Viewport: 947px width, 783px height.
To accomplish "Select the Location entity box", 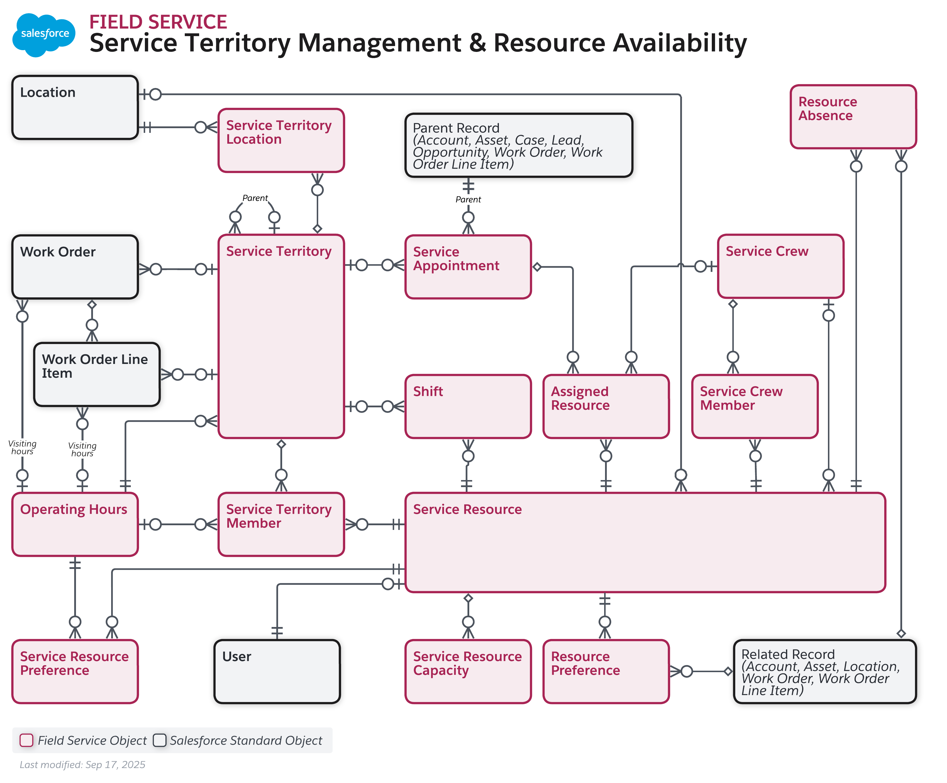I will point(75,107).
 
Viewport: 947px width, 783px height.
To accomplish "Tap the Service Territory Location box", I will point(281,140).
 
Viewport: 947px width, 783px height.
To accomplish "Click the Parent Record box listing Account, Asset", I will point(519,145).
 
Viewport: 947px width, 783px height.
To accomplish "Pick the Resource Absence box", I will point(853,117).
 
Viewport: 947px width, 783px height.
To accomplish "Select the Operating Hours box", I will point(75,524).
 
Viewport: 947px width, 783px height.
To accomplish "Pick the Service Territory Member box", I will point(281,524).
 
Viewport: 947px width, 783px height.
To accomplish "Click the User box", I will point(277,672).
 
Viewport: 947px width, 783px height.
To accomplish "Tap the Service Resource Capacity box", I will point(468,672).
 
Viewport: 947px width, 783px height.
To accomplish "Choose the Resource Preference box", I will point(606,672).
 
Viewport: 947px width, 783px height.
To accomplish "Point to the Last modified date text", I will point(82,765).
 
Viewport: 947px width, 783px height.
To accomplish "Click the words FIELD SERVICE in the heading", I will point(158,22).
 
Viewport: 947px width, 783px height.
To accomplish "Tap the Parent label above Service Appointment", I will point(468,199).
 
